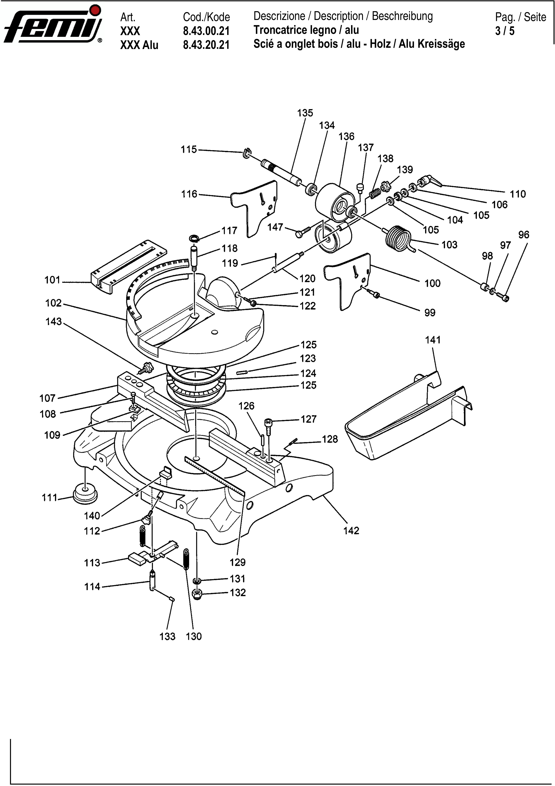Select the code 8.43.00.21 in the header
tap(206, 31)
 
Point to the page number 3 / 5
tap(505, 31)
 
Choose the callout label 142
tap(351, 531)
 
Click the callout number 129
tap(237, 562)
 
